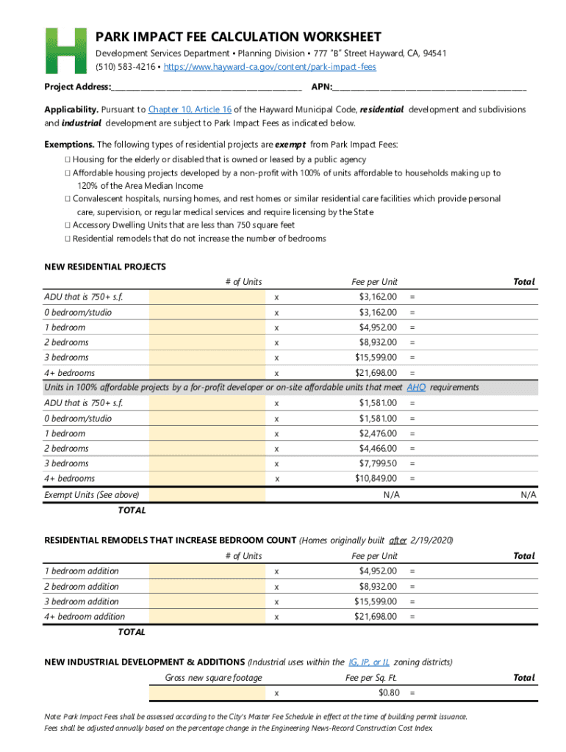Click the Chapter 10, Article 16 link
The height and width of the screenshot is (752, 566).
(x=190, y=109)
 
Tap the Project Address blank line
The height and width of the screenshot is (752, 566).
(x=206, y=88)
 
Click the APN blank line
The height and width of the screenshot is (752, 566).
(x=430, y=88)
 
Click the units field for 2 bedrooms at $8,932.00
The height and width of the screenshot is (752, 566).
(x=206, y=342)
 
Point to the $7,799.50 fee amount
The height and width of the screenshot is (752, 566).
(x=377, y=463)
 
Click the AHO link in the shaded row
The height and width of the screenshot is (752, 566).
(x=416, y=387)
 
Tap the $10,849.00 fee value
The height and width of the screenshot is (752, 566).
(x=375, y=479)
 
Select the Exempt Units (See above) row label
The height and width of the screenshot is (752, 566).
(x=91, y=495)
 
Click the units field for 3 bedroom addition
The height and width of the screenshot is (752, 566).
(x=206, y=601)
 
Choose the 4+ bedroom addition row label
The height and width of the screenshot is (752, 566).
(x=85, y=617)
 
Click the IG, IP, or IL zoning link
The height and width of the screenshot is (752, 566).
(x=369, y=662)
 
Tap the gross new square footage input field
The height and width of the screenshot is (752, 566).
(x=206, y=693)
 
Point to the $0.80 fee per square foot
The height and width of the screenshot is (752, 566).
(x=388, y=693)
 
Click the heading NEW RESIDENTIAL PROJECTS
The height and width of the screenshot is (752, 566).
(x=105, y=267)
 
